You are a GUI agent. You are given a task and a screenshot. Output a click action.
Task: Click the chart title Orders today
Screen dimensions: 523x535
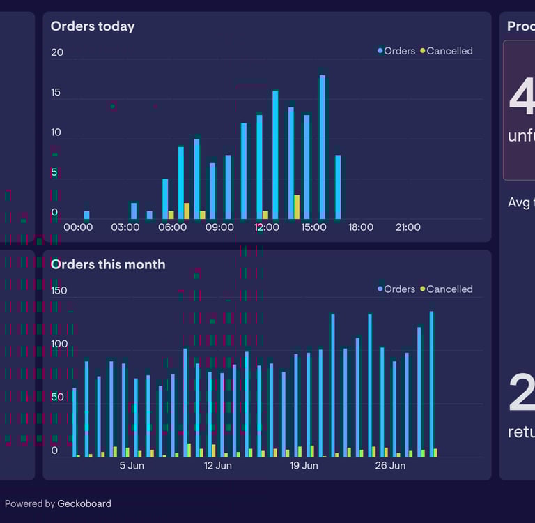[93, 26]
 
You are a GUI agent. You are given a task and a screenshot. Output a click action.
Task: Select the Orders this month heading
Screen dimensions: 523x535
[108, 264]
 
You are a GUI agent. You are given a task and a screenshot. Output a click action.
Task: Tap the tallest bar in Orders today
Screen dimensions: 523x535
[322, 146]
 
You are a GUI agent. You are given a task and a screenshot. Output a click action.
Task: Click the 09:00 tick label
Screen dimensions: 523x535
[219, 227]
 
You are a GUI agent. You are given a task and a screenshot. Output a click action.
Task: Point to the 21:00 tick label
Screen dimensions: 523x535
[408, 227]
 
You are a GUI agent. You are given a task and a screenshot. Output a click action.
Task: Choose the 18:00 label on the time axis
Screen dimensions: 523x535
[361, 227]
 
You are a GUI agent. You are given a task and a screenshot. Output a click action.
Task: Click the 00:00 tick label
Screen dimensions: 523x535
[78, 227]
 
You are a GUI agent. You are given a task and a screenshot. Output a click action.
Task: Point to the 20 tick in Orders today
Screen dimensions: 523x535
[57, 52]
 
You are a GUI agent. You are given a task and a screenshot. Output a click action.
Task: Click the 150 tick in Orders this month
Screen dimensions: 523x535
[59, 291]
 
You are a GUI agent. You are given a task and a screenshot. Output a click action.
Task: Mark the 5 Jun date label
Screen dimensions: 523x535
[132, 466]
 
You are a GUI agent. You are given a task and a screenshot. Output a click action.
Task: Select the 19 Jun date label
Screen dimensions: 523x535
[304, 466]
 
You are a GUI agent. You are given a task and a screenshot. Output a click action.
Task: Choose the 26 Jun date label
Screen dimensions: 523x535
[390, 466]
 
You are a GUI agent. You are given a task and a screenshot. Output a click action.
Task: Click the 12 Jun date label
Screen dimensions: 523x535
[218, 466]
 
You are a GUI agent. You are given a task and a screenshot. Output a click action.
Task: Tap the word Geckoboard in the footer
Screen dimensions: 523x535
[84, 503]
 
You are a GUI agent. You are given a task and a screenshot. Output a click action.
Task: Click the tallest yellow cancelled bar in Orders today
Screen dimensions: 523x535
[297, 207]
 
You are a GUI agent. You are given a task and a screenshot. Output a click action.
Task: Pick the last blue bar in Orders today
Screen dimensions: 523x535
[338, 187]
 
